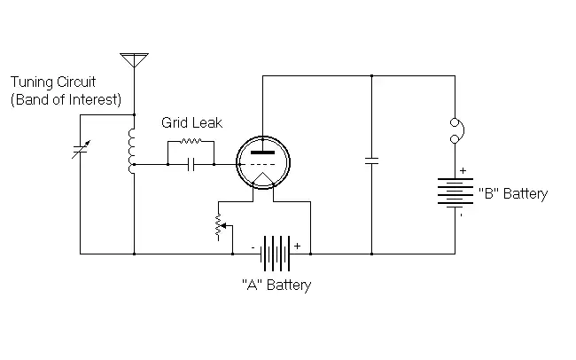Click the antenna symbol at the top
pos(134,59)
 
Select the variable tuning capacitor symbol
pos(79,151)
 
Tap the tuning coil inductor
pos(133,150)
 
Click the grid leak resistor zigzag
pos(190,140)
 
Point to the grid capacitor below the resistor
pos(190,164)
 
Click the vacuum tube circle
pos(262,163)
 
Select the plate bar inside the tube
pos(262,153)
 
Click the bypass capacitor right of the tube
pos(371,161)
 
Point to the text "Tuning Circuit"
pos(54,82)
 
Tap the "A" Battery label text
pos(276,286)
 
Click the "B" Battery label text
pos(513,193)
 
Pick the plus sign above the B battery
pos(463,169)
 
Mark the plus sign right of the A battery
pos(297,245)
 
